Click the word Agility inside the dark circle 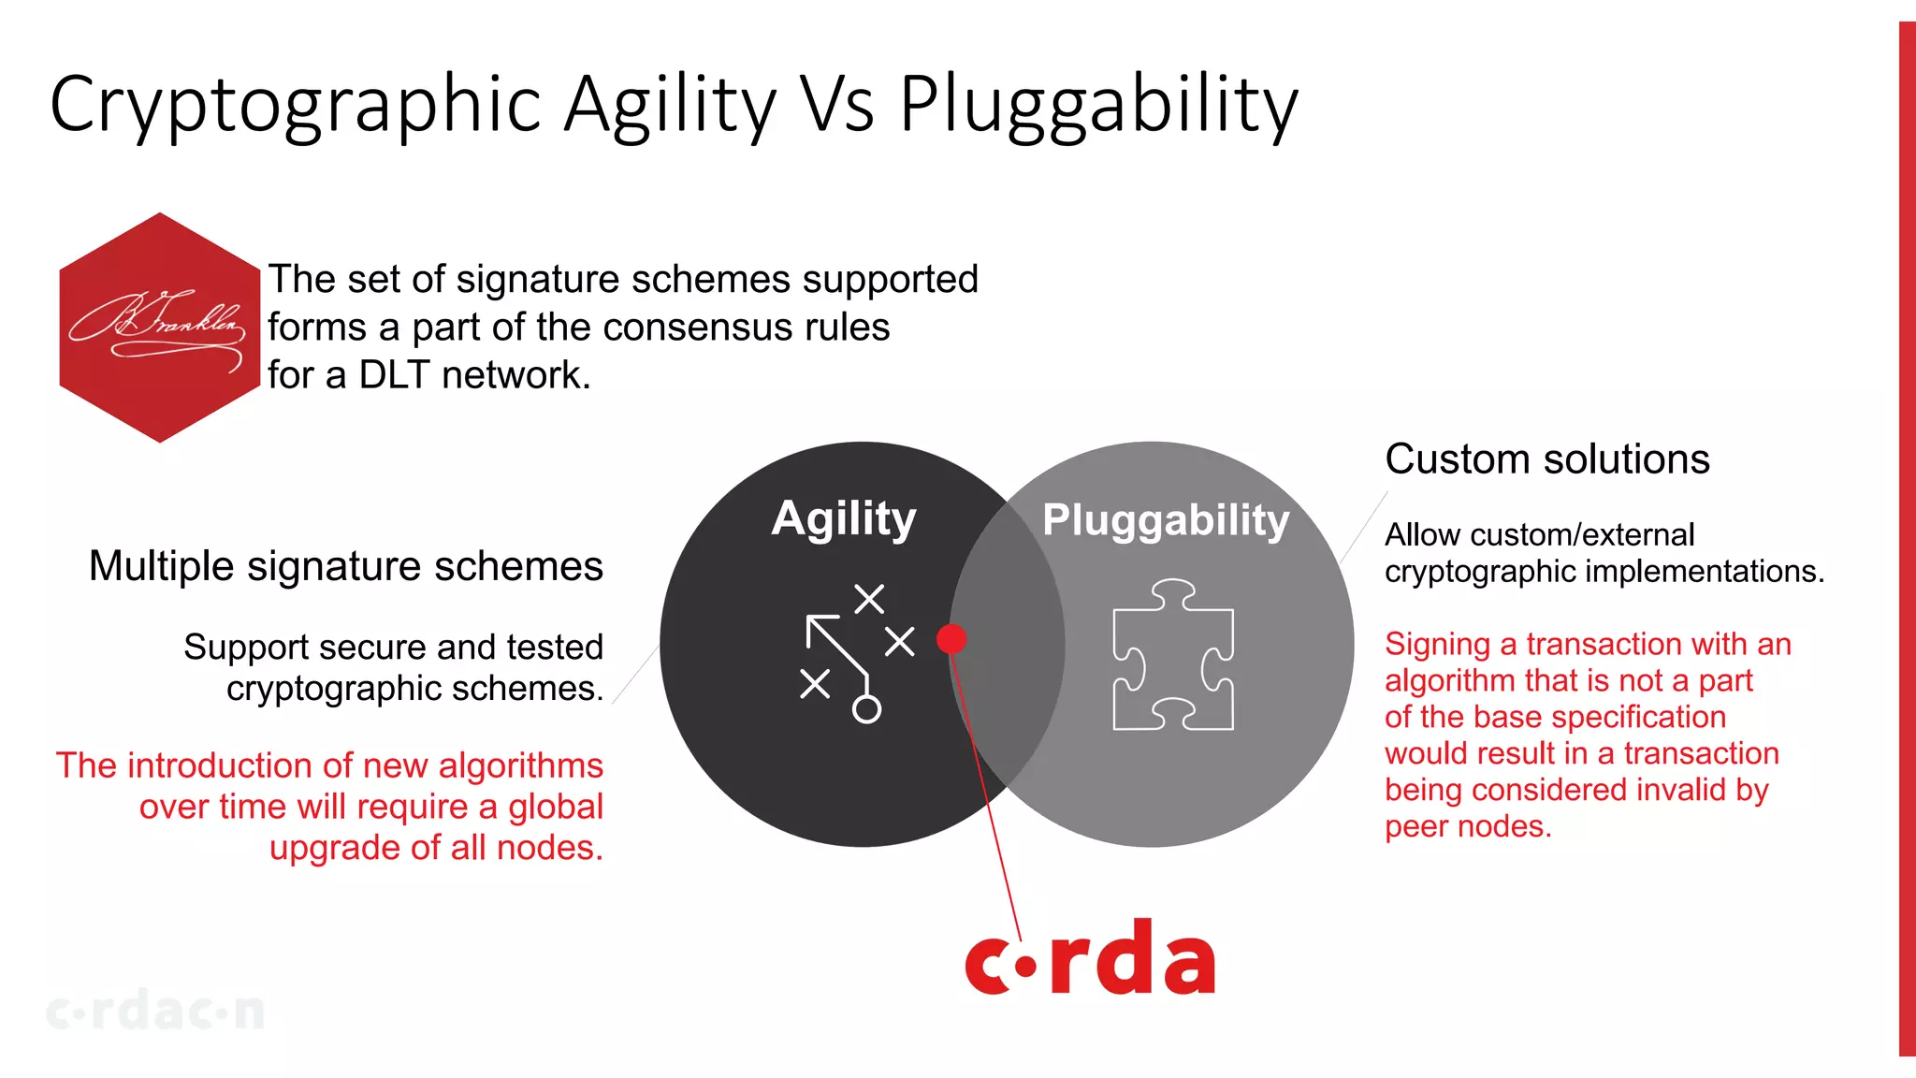pyautogui.click(x=843, y=518)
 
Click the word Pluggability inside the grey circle pyautogui.click(x=1166, y=520)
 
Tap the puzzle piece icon pyautogui.click(x=1172, y=655)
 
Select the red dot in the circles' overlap pyautogui.click(x=951, y=639)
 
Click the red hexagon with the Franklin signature pyautogui.click(x=159, y=328)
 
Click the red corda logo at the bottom pyautogui.click(x=1090, y=959)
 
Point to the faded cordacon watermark pyautogui.click(x=155, y=1012)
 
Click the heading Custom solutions pyautogui.click(x=1546, y=459)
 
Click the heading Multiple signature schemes pyautogui.click(x=345, y=566)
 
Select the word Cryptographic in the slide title pyautogui.click(x=296, y=105)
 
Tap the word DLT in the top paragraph pyautogui.click(x=395, y=375)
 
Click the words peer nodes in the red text pyautogui.click(x=1467, y=826)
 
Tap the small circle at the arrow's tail pyautogui.click(x=866, y=709)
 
